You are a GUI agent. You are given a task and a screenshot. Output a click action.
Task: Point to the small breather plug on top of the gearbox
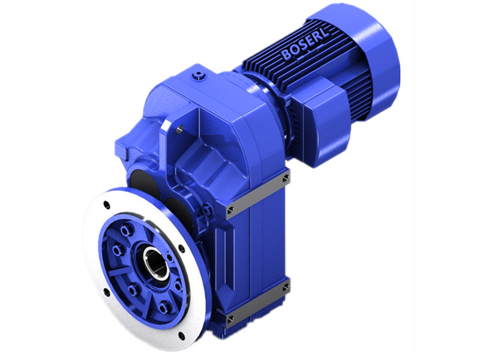pos(199,74)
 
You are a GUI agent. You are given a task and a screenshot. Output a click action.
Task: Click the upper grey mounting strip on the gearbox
pos(258,193)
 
